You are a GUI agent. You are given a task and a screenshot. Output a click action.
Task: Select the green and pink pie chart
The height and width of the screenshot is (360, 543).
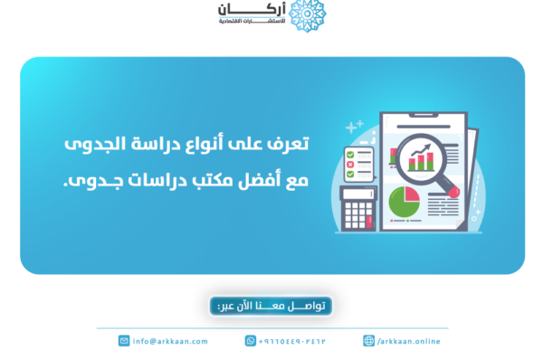(403, 204)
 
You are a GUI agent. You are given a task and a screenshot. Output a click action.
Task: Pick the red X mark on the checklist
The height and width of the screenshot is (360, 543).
(349, 165)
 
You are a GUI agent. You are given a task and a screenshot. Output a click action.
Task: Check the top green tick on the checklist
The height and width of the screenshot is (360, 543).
(349, 154)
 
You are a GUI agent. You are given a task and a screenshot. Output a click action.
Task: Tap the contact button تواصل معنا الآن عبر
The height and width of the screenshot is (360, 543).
(271, 306)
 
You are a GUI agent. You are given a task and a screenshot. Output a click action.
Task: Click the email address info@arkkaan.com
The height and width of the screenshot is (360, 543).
(170, 341)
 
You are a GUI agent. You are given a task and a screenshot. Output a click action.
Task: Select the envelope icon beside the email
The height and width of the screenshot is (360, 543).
(124, 341)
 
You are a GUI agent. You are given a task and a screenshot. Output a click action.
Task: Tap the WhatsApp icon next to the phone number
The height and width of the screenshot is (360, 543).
(250, 341)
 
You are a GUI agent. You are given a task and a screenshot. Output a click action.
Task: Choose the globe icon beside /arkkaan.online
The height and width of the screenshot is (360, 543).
(368, 341)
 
